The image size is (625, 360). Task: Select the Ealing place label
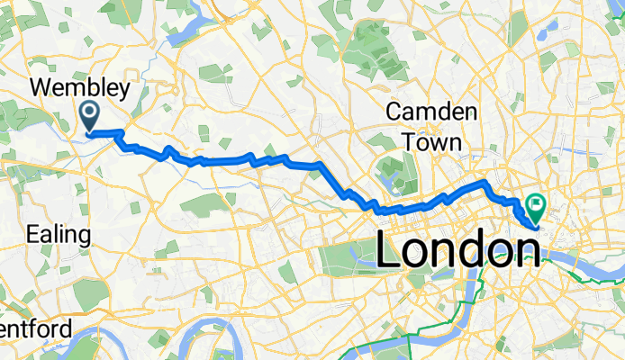pos(59,235)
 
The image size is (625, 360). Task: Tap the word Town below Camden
pos(432,141)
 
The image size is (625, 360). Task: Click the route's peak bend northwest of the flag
pos(485,183)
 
